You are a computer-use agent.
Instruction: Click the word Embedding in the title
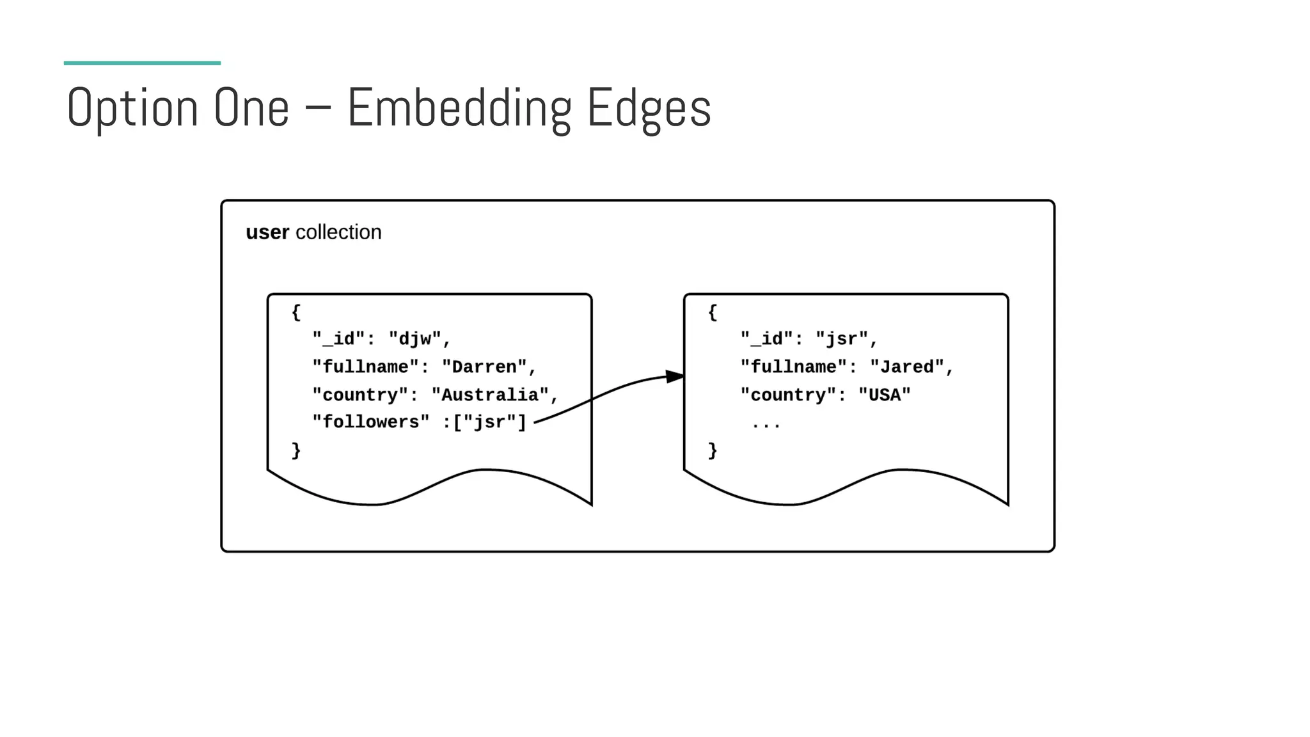pos(459,108)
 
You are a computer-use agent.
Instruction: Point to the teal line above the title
pos(142,63)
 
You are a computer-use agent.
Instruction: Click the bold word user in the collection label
pos(267,232)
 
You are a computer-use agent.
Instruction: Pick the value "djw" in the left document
pos(415,338)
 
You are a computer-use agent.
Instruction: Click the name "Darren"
pos(484,367)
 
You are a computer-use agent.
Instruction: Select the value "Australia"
pos(490,395)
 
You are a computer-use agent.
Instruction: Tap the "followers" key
pos(371,422)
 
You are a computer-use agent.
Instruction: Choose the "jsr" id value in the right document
pos(841,338)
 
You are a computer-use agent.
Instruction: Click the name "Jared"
pos(907,367)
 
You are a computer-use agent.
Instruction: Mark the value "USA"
pos(884,395)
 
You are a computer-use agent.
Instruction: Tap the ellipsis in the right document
pos(766,424)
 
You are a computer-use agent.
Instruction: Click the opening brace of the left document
pos(296,313)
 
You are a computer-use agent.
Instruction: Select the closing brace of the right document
pos(713,451)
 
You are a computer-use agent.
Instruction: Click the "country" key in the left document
pos(360,395)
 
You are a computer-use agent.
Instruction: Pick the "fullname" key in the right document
pos(793,367)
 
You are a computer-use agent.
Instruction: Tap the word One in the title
pos(251,108)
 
